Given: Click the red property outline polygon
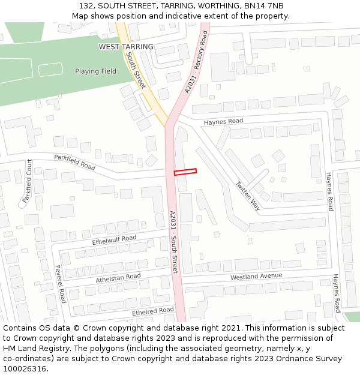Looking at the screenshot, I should tap(185, 172).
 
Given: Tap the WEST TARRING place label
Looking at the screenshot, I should tap(126, 47).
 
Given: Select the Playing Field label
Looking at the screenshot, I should tap(95, 71).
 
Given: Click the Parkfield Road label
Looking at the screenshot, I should tap(75, 162).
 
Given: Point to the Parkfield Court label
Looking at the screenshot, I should tap(27, 180).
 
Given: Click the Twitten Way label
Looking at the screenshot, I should tap(248, 196).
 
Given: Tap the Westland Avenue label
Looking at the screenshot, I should tap(256, 277).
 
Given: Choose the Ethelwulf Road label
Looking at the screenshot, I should tap(114, 239).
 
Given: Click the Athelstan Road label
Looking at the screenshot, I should tap(118, 278).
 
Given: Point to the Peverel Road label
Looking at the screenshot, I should tap(60, 284).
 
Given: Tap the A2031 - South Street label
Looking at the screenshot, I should tap(173, 242).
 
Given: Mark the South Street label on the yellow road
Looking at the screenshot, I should tap(136, 70).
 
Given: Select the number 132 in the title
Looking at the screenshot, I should tap(85, 6).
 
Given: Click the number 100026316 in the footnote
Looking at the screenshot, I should tap(24, 369).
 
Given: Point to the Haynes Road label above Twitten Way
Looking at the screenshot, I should tap(223, 121).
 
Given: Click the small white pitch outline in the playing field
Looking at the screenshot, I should tap(50, 70).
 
